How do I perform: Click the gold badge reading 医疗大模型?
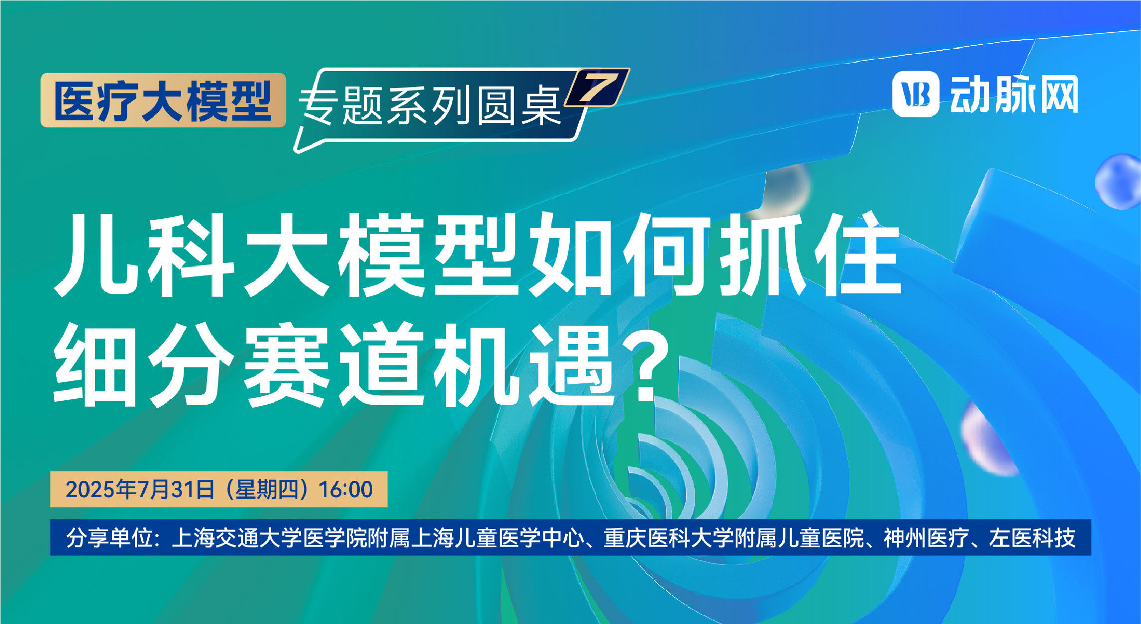(x=163, y=100)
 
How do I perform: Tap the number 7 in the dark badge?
(x=599, y=87)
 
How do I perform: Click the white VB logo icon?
(x=916, y=94)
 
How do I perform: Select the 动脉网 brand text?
(x=1014, y=94)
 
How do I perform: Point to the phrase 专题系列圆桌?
(x=431, y=105)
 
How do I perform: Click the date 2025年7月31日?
(x=140, y=490)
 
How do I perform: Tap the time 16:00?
(x=345, y=490)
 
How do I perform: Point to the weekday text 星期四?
(x=266, y=490)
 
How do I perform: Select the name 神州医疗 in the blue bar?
(x=927, y=538)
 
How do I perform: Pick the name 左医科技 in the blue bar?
(x=1032, y=538)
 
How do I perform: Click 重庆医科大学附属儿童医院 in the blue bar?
(x=734, y=538)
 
